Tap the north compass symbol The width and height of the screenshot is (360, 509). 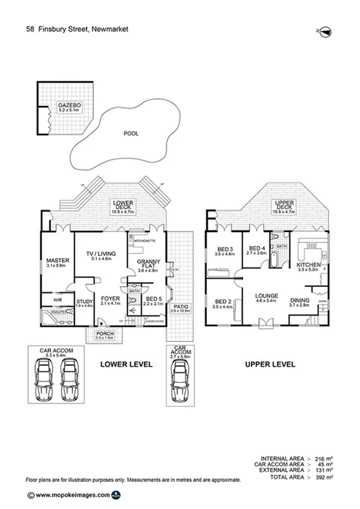[x=326, y=30]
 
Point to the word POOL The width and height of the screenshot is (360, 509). [x=131, y=134]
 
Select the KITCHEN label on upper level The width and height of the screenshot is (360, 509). [x=308, y=267]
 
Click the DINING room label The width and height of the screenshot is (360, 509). [x=300, y=302]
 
